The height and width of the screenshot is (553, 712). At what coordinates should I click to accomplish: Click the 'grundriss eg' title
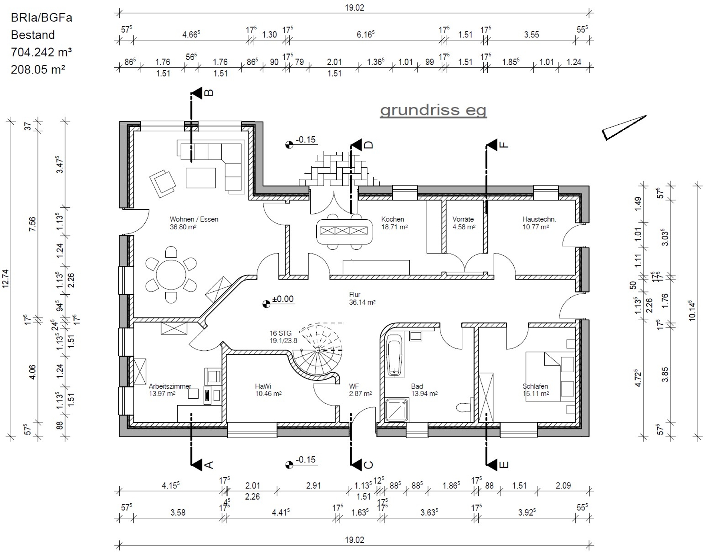433,110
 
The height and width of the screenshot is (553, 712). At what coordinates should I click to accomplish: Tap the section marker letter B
209,92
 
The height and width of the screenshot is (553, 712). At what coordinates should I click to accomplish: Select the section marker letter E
504,465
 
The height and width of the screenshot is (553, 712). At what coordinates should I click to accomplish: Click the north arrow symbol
624,127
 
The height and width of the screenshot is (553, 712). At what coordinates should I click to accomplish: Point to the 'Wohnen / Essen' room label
194,219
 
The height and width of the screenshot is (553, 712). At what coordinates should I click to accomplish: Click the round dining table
171,275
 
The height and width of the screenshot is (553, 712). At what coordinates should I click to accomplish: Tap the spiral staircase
318,351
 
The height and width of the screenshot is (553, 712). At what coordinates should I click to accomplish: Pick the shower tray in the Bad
397,410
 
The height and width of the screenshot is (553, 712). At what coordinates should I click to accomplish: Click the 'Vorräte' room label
463,219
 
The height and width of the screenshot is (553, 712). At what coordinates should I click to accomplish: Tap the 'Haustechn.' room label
539,219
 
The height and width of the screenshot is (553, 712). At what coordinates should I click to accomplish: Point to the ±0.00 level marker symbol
266,304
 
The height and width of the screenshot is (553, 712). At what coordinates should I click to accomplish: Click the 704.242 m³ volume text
41,52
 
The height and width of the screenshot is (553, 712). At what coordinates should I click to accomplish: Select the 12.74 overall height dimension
6,279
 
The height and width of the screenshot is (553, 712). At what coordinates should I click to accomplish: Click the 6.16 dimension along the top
365,35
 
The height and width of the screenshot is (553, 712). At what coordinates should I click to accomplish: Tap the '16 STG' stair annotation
281,333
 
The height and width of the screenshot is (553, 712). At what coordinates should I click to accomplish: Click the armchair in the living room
163,183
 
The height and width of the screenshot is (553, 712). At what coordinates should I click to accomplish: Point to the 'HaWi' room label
263,386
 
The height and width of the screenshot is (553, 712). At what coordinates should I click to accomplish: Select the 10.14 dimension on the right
692,311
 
